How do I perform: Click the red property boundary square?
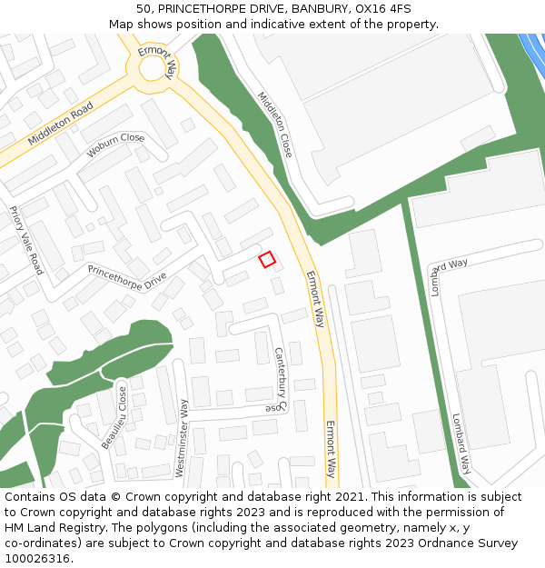[x=267, y=260]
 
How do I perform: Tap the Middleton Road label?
[x=61, y=124]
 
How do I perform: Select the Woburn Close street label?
[x=115, y=145]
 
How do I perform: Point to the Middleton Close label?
[x=274, y=125]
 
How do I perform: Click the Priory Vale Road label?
[x=26, y=240]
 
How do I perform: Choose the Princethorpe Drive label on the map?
[x=127, y=273]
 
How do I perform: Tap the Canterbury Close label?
[x=279, y=379]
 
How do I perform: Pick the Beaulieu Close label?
[x=114, y=417]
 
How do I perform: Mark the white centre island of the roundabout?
[x=156, y=69]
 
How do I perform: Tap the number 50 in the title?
[x=144, y=8]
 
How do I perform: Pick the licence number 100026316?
[x=37, y=559]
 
